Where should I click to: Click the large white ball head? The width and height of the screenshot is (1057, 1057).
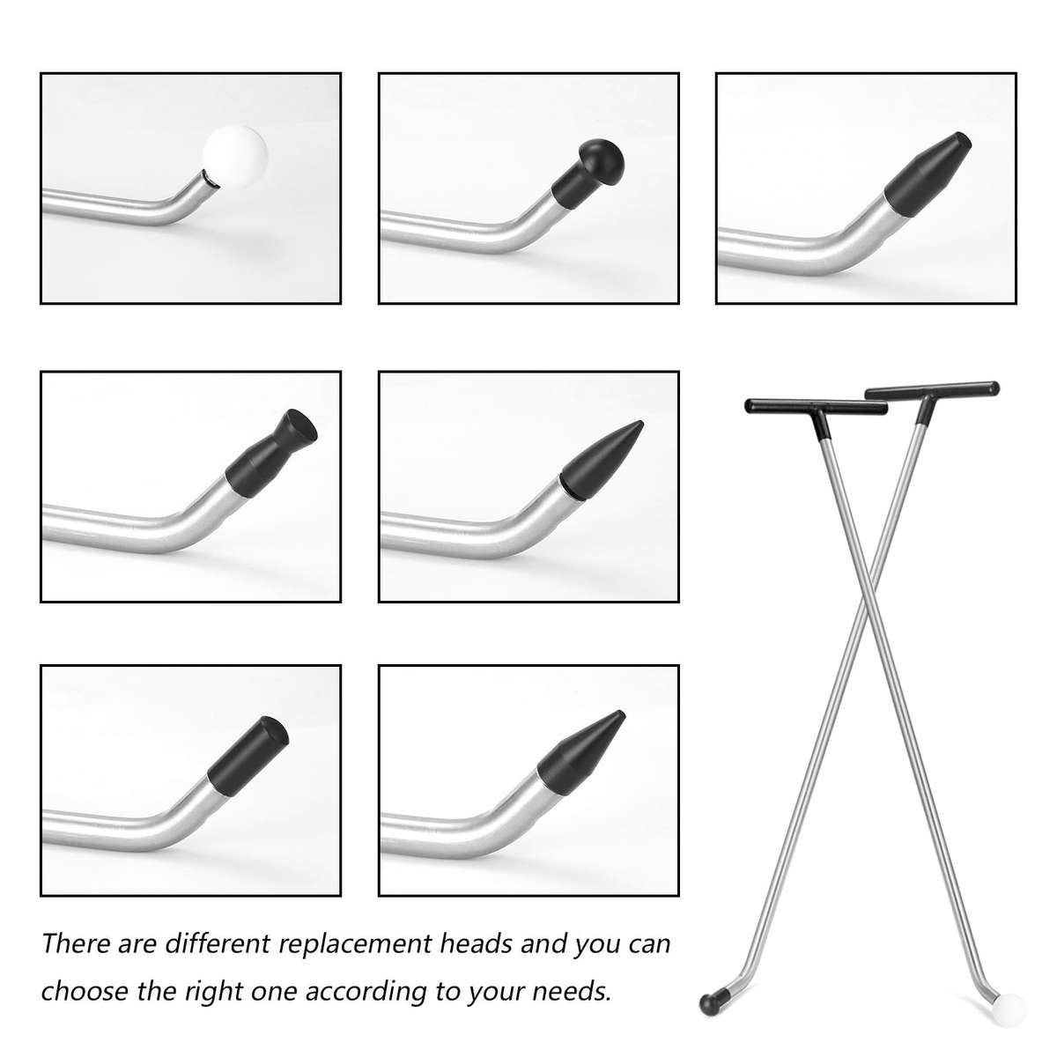(233, 156)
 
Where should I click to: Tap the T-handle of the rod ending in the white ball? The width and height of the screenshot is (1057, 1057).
(803, 408)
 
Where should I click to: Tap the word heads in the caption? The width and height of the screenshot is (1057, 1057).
(475, 944)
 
